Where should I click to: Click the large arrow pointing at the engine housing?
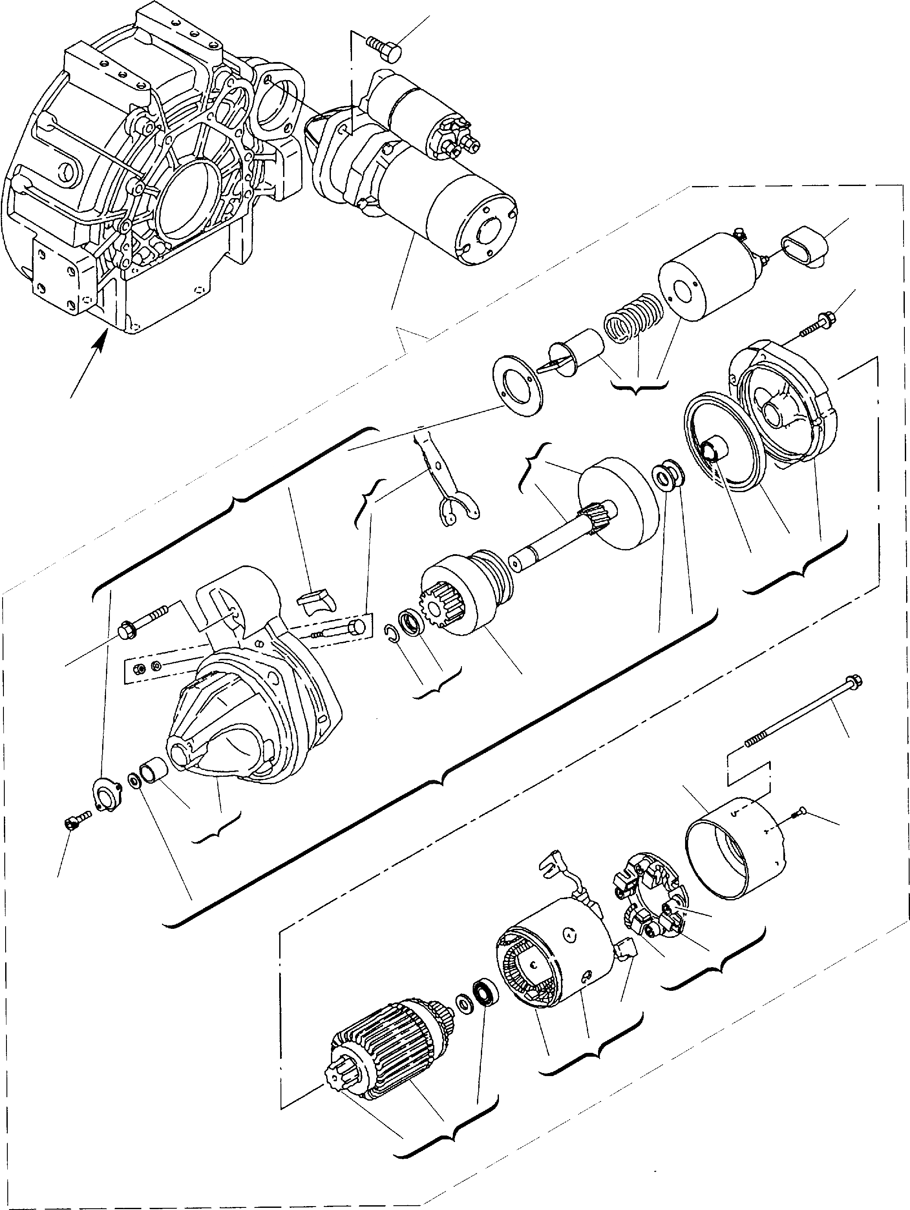pos(87,364)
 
